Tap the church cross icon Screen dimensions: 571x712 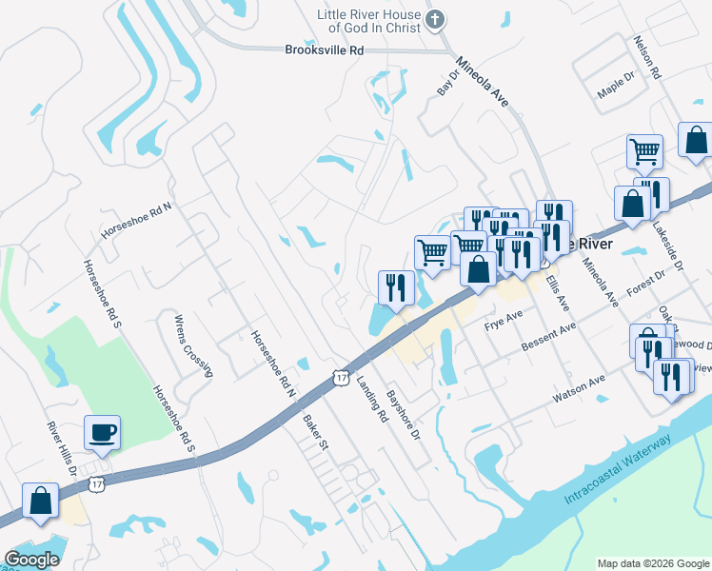point(434,19)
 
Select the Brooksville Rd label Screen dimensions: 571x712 point(325,50)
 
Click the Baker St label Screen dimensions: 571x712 point(315,432)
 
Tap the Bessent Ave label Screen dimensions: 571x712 point(549,339)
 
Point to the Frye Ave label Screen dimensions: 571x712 point(504,320)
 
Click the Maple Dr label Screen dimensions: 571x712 point(615,89)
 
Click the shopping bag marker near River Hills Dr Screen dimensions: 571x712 point(41,502)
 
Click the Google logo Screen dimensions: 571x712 point(31,560)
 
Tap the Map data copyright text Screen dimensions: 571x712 point(652,563)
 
